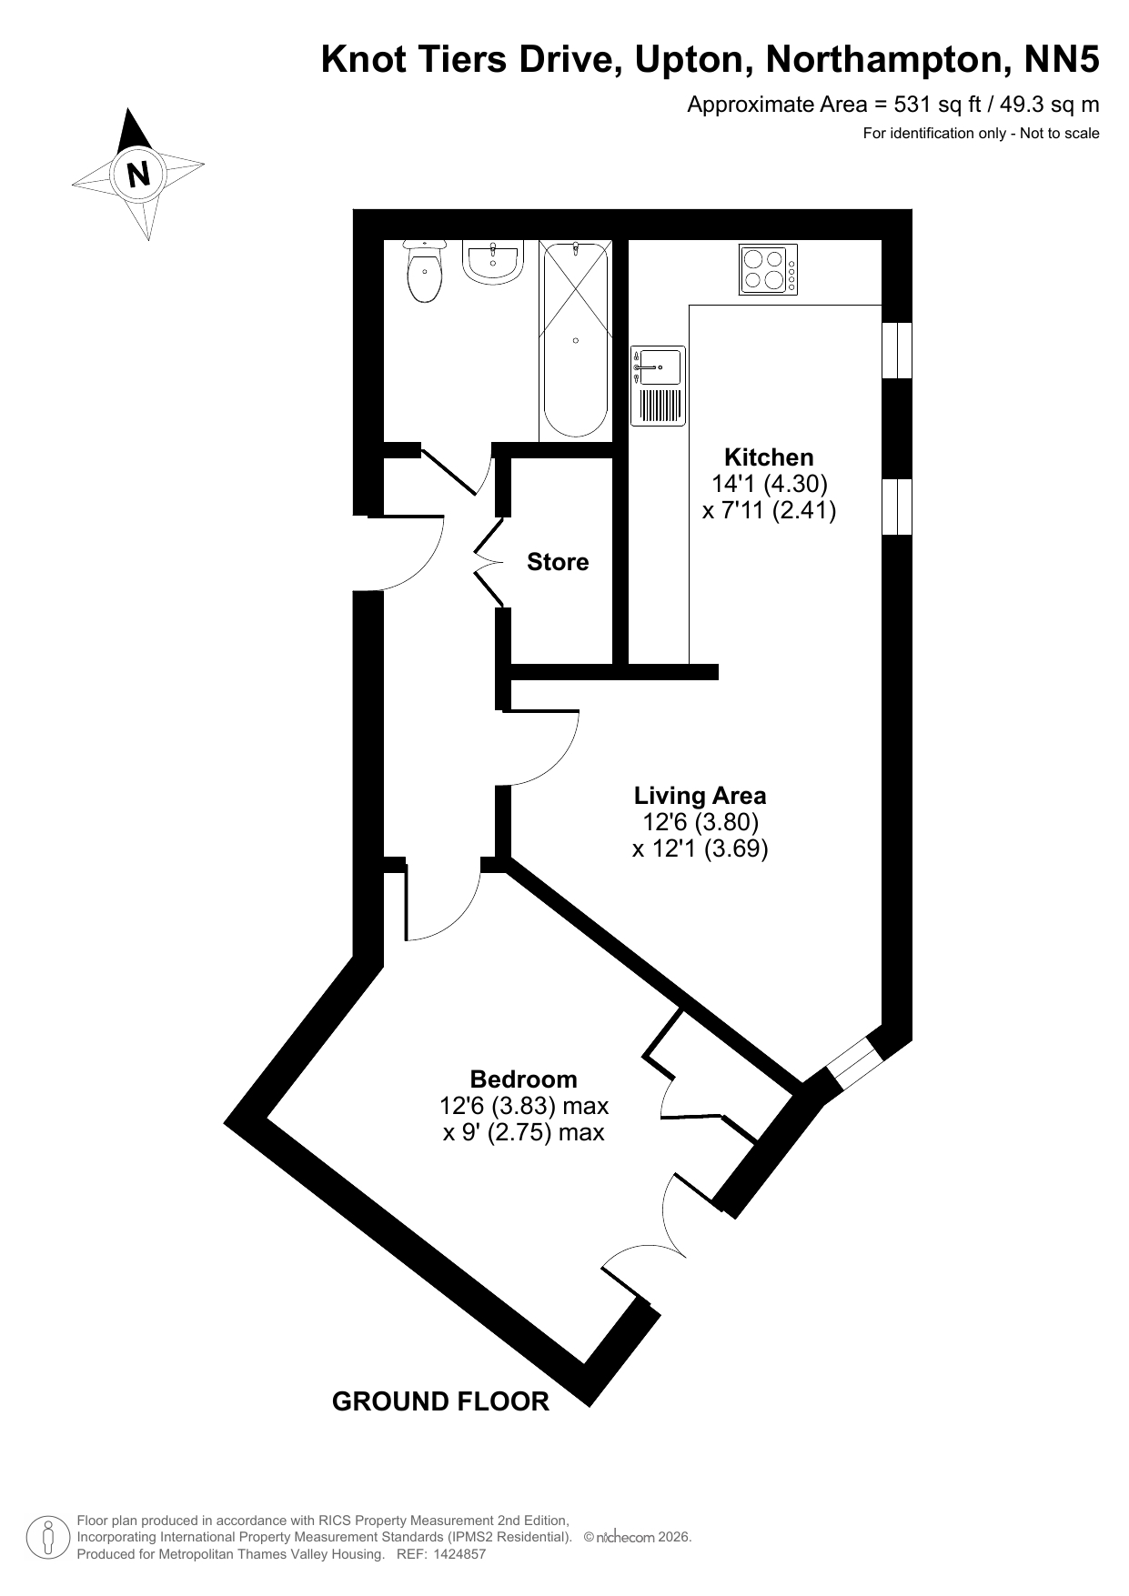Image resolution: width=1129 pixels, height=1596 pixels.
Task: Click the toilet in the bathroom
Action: click(x=425, y=271)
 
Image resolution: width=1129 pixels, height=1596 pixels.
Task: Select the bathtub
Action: click(x=575, y=341)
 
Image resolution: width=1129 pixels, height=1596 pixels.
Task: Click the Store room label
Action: click(x=558, y=562)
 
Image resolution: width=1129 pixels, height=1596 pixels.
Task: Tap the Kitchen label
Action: click(x=769, y=457)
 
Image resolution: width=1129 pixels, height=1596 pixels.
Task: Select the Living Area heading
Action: click(x=701, y=796)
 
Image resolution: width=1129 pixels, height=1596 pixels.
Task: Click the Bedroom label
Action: click(x=524, y=1079)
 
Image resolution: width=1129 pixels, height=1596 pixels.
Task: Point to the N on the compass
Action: click(x=138, y=174)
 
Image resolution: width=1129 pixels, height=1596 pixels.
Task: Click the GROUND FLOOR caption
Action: click(x=440, y=1401)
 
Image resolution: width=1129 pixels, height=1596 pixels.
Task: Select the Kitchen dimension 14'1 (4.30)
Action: click(x=769, y=483)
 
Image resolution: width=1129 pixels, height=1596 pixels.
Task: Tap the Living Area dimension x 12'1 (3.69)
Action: click(x=701, y=849)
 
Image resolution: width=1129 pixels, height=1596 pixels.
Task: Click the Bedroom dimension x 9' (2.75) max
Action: click(x=524, y=1133)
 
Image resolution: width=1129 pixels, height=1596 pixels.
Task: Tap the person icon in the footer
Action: click(x=47, y=1538)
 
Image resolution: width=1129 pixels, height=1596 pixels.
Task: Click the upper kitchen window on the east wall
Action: click(x=898, y=350)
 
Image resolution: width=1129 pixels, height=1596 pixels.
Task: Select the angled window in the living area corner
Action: click(x=854, y=1060)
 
